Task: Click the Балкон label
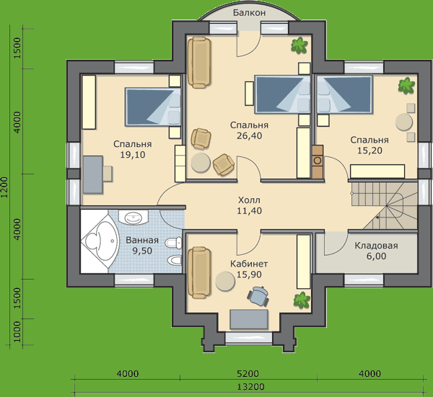coord(249,13)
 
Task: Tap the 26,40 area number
coord(249,135)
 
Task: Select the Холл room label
coord(249,200)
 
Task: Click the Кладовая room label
coord(377,246)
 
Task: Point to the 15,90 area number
coord(249,275)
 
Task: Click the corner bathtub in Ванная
coord(100,241)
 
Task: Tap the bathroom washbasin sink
coord(134,218)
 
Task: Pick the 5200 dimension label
coord(248,373)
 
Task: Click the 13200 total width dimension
coord(250,387)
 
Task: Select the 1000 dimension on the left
coord(17,331)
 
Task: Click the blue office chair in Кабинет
coord(258,296)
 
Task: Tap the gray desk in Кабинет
coord(249,319)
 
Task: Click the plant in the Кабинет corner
coord(302,300)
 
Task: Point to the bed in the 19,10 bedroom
coord(153,107)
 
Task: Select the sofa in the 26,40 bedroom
coord(199,63)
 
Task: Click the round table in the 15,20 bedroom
coord(404,122)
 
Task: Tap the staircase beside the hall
coord(384,205)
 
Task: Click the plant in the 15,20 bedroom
coord(406,86)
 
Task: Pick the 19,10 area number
coord(133,155)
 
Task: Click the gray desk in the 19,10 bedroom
coord(93,174)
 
